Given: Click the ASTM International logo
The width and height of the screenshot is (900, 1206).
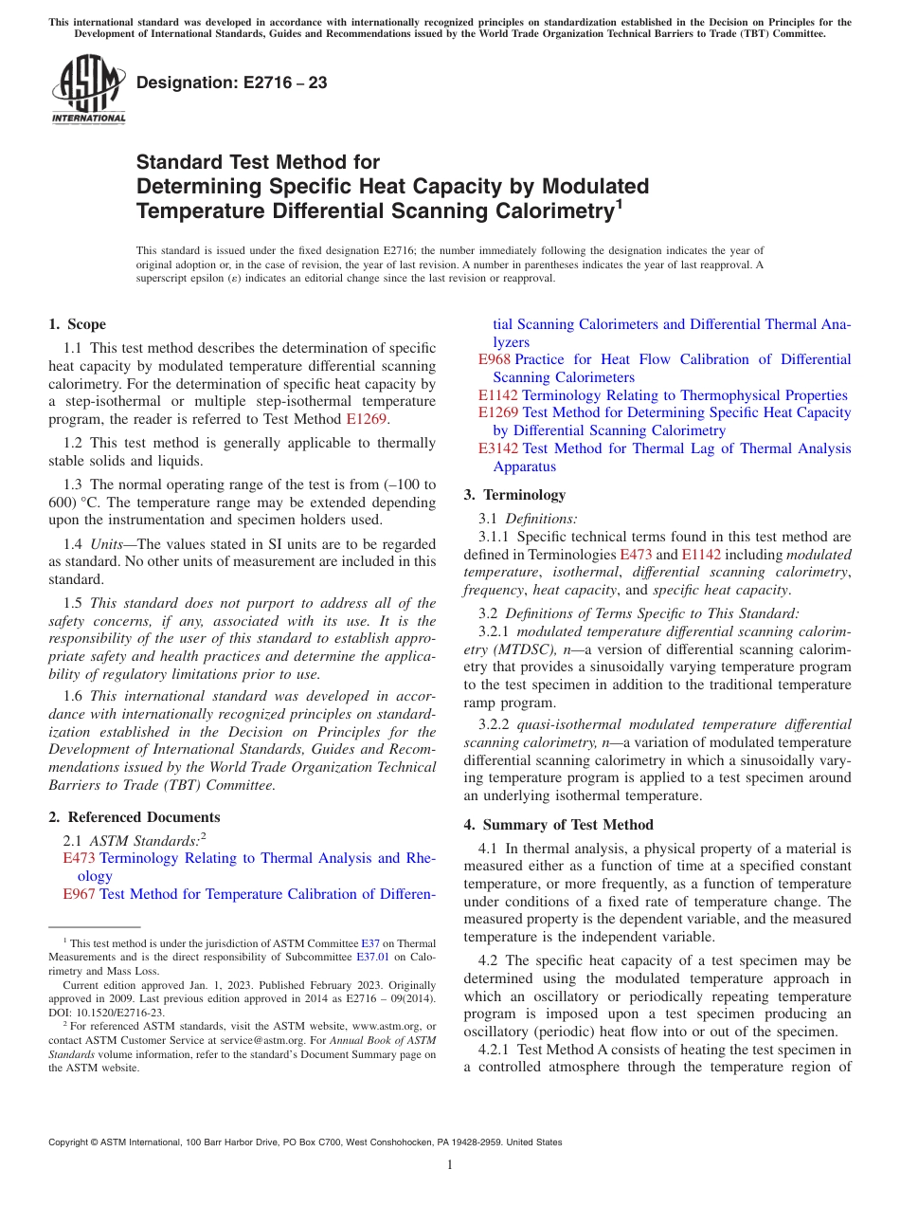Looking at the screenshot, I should pyautogui.click(x=88, y=89).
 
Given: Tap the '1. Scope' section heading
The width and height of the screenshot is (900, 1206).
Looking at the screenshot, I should pyautogui.click(x=77, y=324).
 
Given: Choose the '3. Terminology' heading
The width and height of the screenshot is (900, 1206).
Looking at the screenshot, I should pyautogui.click(x=514, y=495).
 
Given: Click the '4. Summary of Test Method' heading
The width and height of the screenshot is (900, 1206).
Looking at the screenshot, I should pyautogui.click(x=558, y=825).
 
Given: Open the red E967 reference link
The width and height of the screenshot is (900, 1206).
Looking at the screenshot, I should pyautogui.click(x=79, y=894).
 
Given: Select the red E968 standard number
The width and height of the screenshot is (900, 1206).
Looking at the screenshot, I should pyautogui.click(x=494, y=359).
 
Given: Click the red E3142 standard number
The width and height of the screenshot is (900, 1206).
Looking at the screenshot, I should pyautogui.click(x=497, y=448).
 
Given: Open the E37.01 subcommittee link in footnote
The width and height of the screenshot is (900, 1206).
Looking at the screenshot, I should pyautogui.click(x=372, y=957).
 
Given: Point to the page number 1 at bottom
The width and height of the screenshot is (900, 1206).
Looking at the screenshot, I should pyautogui.click(x=450, y=1165).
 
